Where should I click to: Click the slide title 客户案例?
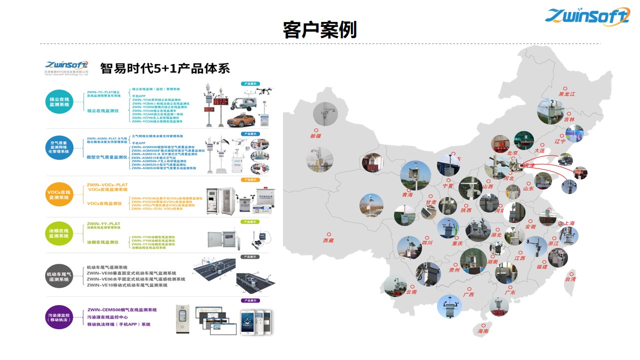[x=319, y=30]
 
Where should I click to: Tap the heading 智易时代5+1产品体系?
[x=165, y=68]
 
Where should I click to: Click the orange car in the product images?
[x=241, y=120]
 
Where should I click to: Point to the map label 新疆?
[x=316, y=136]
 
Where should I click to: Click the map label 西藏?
[x=328, y=240]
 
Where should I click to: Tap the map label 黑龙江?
[x=567, y=93]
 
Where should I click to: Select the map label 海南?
[x=483, y=331]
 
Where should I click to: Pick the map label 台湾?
[x=570, y=279]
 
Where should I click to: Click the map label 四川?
[x=427, y=243]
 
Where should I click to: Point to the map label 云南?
[x=411, y=292]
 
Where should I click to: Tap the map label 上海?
[x=569, y=223]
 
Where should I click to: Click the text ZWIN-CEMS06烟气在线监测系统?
[x=122, y=310]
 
